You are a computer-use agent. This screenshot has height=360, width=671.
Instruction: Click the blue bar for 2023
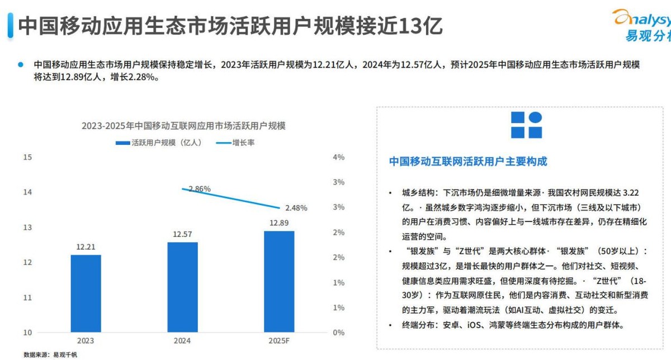[x=86, y=293]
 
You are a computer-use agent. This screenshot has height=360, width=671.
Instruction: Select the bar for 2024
[x=182, y=287]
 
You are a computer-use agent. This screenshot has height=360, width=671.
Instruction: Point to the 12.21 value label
[x=86, y=247]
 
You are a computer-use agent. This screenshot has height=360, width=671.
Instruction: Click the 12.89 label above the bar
[x=279, y=222]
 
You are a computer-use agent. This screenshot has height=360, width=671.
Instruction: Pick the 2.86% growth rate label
[x=199, y=189]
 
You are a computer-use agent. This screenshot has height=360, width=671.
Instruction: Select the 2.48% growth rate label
[x=296, y=208]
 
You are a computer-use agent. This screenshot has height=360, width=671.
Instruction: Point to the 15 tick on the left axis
[x=27, y=157]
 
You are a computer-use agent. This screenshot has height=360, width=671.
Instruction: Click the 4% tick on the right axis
[x=338, y=157]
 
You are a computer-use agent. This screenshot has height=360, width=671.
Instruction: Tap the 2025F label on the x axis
[x=279, y=340]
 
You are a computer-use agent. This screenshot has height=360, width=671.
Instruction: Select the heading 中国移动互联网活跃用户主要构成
[x=468, y=162]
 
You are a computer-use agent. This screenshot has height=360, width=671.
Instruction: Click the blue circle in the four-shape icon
[x=535, y=118]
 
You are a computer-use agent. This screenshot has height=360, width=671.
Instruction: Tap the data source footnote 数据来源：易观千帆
[x=50, y=354]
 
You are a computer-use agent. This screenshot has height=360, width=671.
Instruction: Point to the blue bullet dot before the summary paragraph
[x=21, y=64]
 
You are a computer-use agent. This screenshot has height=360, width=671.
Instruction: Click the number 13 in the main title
[x=410, y=26]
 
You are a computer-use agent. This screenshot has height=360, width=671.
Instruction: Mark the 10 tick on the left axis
[x=27, y=333]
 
